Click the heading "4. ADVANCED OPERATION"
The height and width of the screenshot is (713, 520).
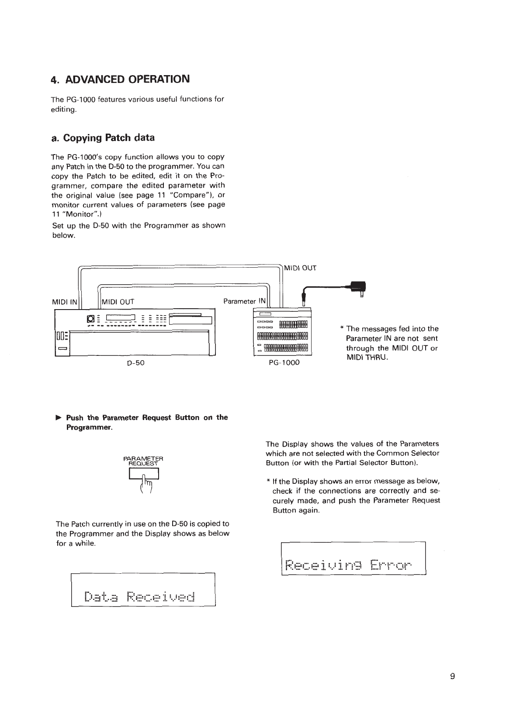tap(121, 79)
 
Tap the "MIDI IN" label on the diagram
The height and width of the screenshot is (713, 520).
tap(65, 301)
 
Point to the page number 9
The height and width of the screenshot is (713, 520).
tap(452, 676)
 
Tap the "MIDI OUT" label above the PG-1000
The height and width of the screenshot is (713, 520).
tap(300, 268)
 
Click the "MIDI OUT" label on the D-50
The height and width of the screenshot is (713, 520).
tap(118, 301)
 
